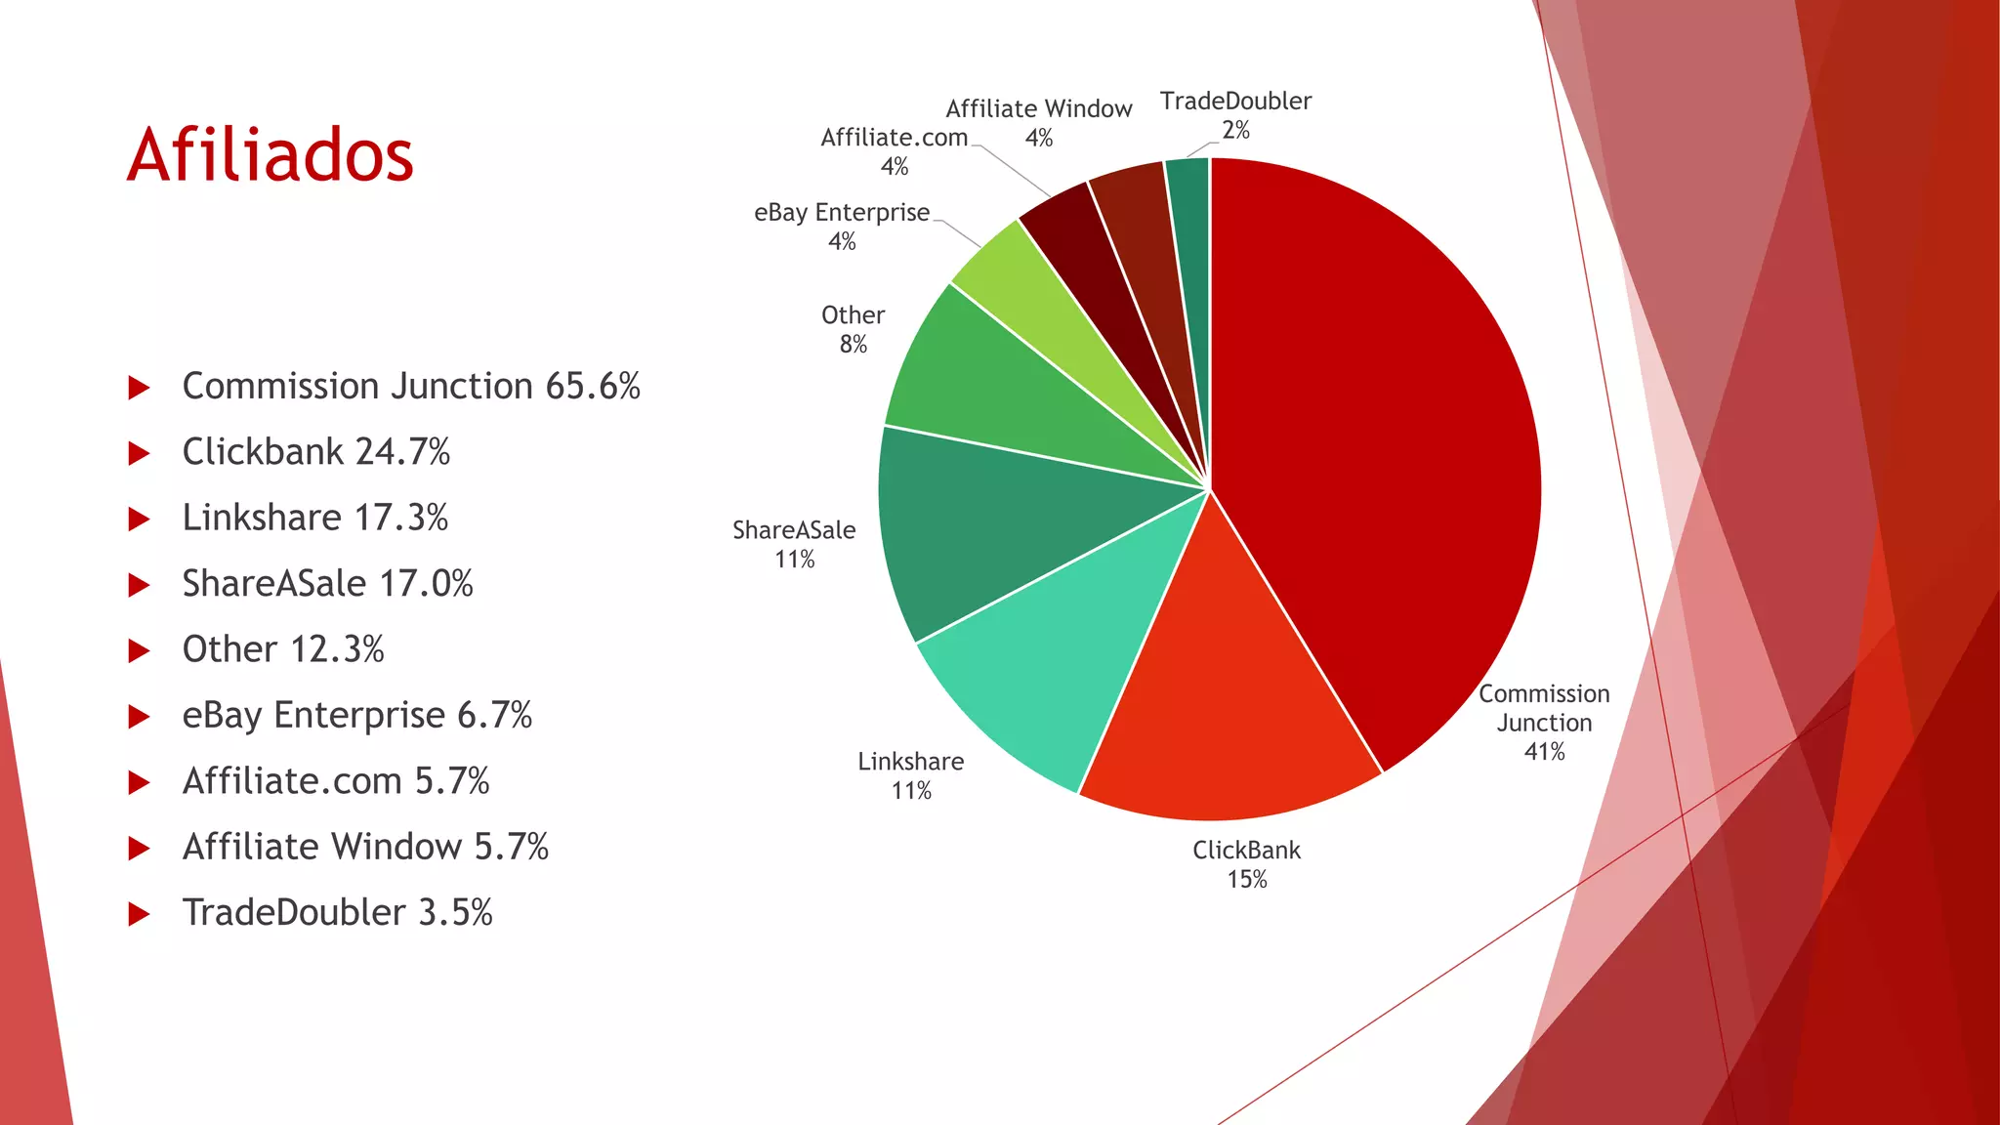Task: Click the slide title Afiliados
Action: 271,155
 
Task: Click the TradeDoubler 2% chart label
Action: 1235,115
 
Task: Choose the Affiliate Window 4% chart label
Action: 1039,123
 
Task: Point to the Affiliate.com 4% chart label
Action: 895,151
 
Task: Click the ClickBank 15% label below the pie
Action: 1247,864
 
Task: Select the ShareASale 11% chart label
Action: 794,544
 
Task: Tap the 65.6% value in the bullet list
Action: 593,387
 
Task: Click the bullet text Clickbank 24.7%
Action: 316,452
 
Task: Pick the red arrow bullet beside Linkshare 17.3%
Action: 140,520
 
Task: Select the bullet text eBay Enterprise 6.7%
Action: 356,715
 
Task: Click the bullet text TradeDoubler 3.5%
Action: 337,912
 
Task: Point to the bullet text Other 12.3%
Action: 283,649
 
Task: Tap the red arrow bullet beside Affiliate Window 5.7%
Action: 140,849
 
